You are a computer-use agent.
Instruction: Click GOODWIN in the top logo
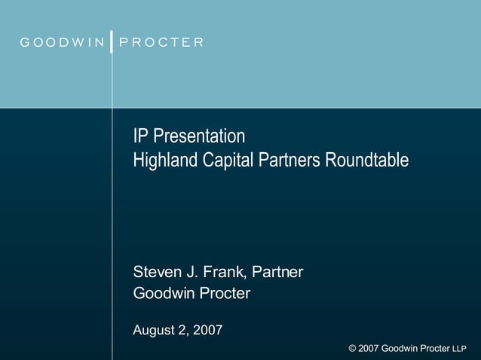(x=62, y=42)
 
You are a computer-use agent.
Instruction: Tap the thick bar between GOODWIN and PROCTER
(x=112, y=41)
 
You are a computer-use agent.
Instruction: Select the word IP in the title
(x=140, y=136)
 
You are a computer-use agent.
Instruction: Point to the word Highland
(x=162, y=160)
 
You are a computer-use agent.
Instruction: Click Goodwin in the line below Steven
(x=163, y=294)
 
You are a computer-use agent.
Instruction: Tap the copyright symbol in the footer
(x=353, y=348)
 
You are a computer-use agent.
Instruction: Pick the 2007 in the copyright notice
(x=368, y=348)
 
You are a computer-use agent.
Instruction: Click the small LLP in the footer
(x=461, y=349)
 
